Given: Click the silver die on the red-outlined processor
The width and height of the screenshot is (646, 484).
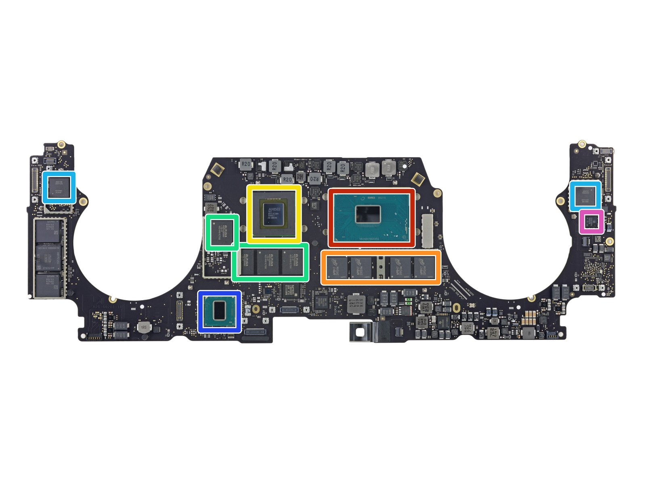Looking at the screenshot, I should click(367, 214).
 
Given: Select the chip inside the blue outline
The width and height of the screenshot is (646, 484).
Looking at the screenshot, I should click(219, 311).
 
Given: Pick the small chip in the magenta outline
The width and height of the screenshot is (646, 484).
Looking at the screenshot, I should click(591, 221).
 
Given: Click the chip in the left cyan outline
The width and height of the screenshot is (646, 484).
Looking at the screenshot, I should click(59, 187).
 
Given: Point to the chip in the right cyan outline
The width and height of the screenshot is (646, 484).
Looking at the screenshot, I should click(585, 196).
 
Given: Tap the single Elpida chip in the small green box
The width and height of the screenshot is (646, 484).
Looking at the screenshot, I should click(221, 232).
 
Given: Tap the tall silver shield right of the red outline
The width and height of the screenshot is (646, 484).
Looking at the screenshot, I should click(427, 231).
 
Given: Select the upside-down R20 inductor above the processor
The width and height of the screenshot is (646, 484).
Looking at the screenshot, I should click(315, 178).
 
